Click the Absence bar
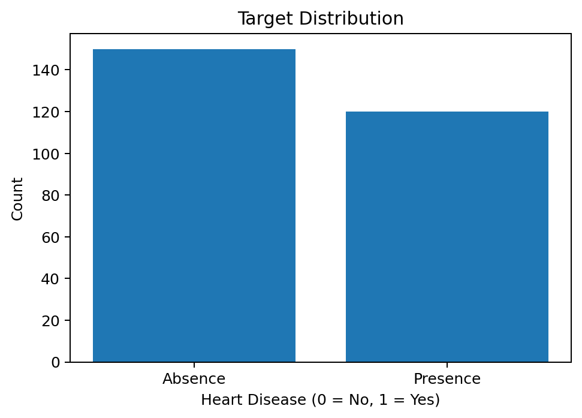[194, 205]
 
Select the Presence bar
[447, 236]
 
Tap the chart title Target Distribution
[320, 19]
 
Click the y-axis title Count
[17, 199]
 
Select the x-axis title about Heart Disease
[320, 399]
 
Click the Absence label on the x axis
[194, 379]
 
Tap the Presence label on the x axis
[447, 379]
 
